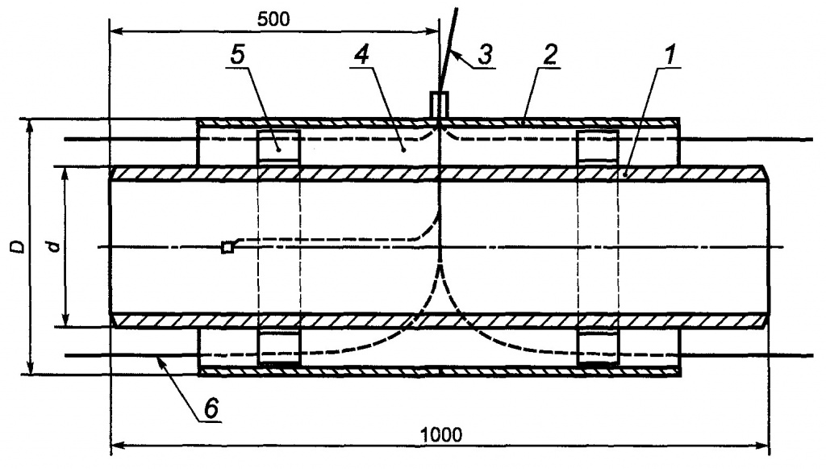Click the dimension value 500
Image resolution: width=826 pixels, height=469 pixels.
273,19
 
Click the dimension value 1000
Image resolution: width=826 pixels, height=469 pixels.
441,435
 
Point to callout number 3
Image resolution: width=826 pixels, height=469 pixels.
485,54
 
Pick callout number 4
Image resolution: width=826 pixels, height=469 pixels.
362,56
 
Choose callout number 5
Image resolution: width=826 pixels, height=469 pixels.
238,55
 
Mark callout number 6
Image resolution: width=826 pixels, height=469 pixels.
211,408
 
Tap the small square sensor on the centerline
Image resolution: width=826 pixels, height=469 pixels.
227,247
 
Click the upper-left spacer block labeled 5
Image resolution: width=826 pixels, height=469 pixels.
278,148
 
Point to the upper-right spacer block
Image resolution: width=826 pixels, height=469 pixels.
598,148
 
